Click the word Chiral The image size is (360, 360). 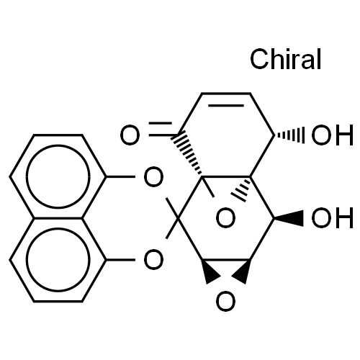click(x=285, y=59)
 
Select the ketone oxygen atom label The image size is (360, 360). click(x=130, y=135)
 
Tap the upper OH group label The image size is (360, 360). click(x=333, y=135)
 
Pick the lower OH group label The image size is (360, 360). click(x=333, y=217)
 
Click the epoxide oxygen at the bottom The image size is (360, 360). click(x=225, y=301)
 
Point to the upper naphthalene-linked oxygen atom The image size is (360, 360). click(x=153, y=177)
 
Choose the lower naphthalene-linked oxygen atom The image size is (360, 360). click(x=153, y=260)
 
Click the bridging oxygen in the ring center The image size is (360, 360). click(x=225, y=218)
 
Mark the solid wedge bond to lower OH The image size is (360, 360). click(x=289, y=218)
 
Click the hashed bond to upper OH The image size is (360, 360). click(x=289, y=135)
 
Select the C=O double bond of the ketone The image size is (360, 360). click(x=161, y=129)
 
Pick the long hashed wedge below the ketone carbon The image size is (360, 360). click(x=187, y=154)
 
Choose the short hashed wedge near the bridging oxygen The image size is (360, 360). click(x=241, y=189)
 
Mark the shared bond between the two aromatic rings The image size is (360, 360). click(x=58, y=218)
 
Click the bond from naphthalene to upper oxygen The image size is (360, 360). click(x=120, y=176)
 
